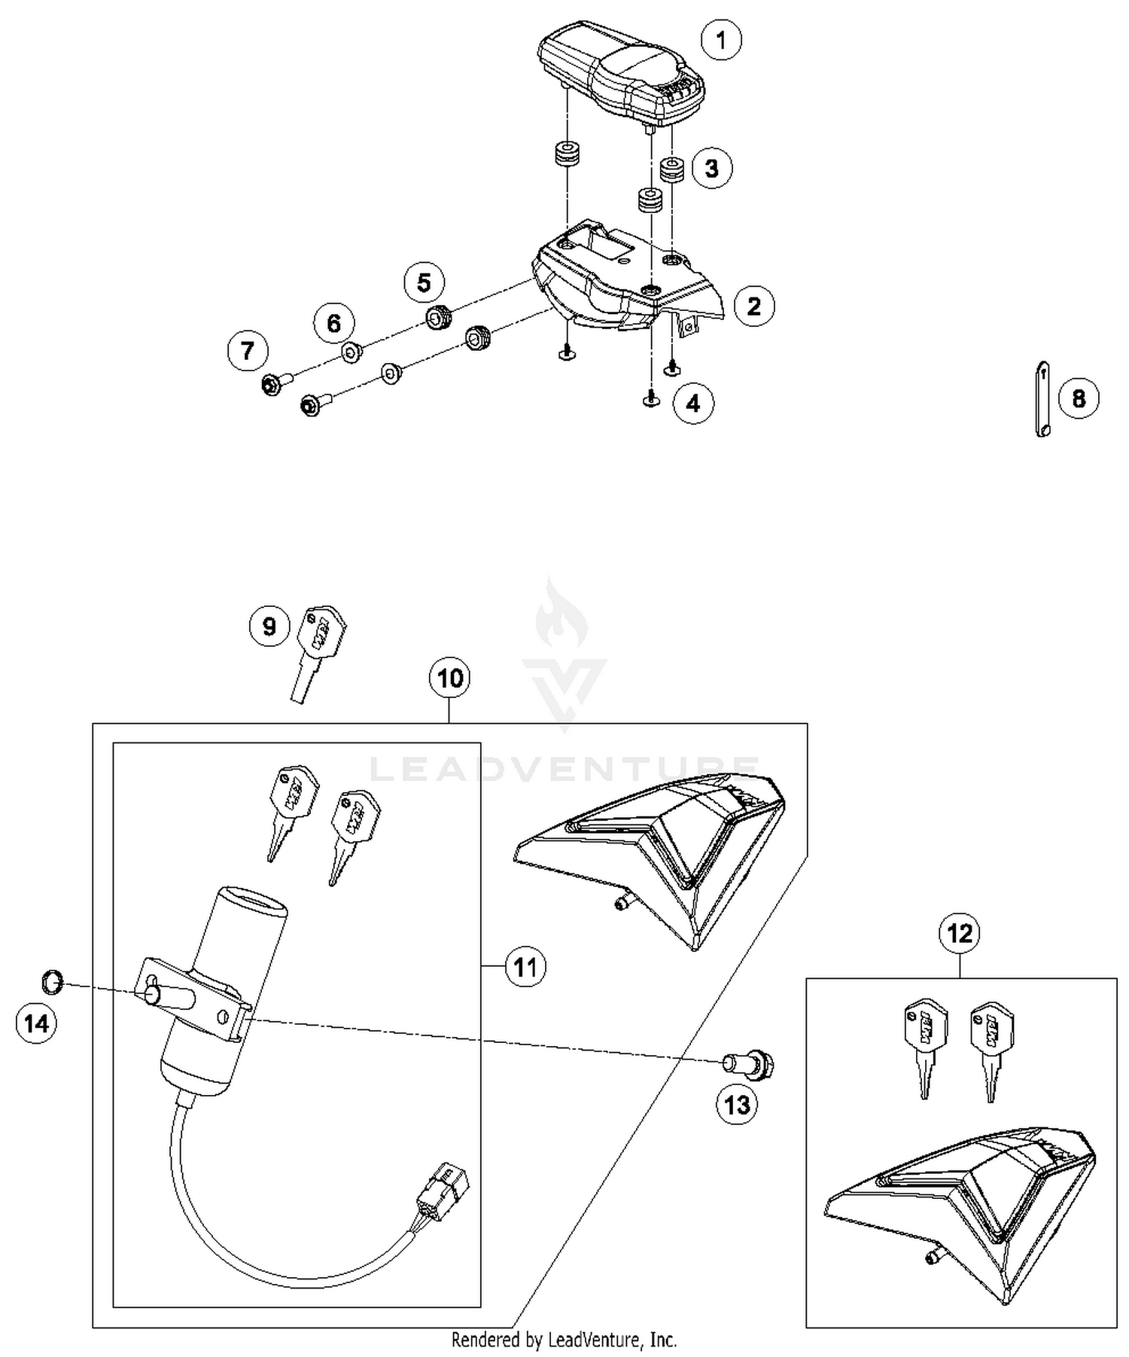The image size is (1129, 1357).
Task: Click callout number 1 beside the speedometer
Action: pyautogui.click(x=721, y=40)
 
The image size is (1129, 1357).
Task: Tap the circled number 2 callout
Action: pyautogui.click(x=753, y=306)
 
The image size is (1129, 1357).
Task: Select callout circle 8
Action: pyautogui.click(x=1078, y=398)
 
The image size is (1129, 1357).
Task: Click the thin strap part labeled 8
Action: pyautogui.click(x=1042, y=399)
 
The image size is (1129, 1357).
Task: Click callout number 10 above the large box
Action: pyautogui.click(x=449, y=678)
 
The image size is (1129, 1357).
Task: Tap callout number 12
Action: pyautogui.click(x=960, y=934)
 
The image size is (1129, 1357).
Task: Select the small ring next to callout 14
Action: pyautogui.click(x=52, y=980)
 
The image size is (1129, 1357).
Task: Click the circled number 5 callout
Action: pyautogui.click(x=424, y=283)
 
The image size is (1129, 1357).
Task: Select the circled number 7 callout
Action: pyautogui.click(x=248, y=350)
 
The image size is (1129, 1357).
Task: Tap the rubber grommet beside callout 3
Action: pyautogui.click(x=671, y=169)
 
